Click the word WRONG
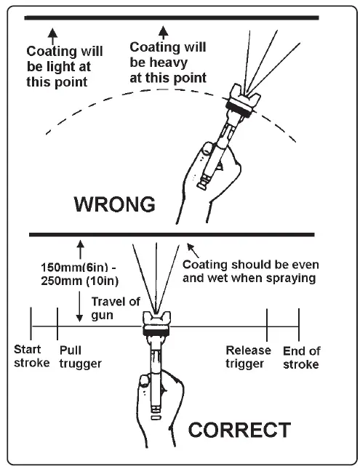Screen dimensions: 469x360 click(x=115, y=204)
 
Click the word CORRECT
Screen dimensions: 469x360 click(x=239, y=430)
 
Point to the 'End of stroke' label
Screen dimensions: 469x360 click(x=301, y=356)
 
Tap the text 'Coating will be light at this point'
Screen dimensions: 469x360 click(x=63, y=66)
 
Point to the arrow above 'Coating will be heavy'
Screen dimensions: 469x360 click(x=163, y=31)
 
